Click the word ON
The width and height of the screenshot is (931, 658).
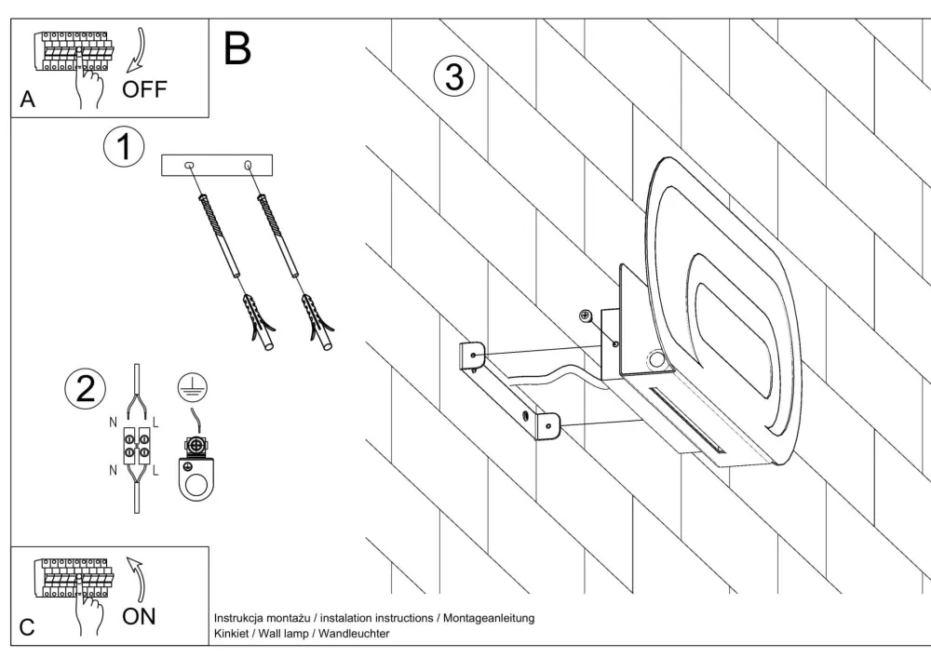(x=139, y=615)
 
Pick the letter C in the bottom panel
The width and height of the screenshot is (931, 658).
(x=27, y=626)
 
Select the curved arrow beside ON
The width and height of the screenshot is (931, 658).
(x=136, y=577)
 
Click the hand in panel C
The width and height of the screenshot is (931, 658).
(x=90, y=609)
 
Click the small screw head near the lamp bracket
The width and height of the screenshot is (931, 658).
(x=584, y=316)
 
